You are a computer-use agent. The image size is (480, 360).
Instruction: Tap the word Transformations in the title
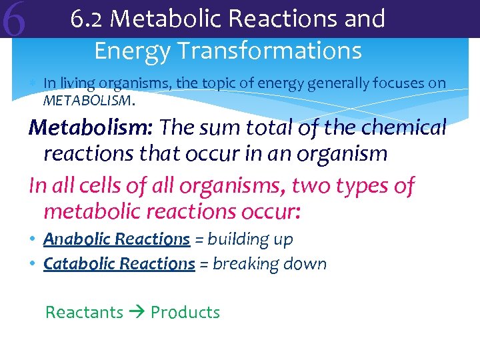(289, 51)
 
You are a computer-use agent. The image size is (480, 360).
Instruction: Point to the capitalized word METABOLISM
(87, 101)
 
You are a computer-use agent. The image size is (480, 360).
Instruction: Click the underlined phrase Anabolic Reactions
(117, 239)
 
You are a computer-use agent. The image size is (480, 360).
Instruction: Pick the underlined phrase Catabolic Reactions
(119, 264)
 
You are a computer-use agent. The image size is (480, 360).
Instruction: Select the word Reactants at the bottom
(84, 313)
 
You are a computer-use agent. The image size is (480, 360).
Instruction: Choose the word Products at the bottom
(185, 313)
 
